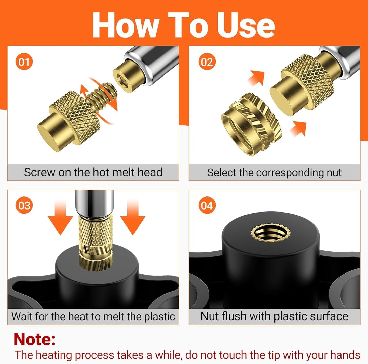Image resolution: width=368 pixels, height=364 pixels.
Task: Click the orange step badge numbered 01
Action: [24, 62]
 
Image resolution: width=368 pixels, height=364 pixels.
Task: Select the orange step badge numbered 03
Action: [24, 206]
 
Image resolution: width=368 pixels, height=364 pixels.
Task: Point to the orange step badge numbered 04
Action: [207, 206]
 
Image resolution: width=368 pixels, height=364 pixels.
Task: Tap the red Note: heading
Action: [35, 339]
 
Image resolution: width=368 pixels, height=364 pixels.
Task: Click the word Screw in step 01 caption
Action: [39, 172]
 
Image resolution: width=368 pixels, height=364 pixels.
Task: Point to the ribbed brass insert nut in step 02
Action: [252, 124]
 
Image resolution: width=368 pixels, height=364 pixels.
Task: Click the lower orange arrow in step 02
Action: [298, 129]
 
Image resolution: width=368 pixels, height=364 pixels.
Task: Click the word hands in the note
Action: [345, 355]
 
